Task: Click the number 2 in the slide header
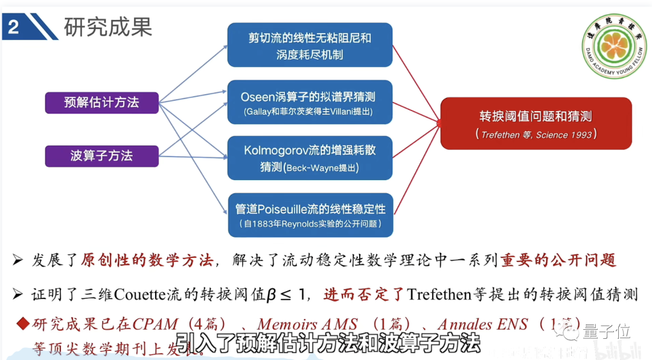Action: pyautogui.click(x=13, y=27)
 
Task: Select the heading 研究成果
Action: pyautogui.click(x=108, y=26)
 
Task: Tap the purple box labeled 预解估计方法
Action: pyautogui.click(x=101, y=103)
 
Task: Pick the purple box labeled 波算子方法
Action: pyautogui.click(x=101, y=156)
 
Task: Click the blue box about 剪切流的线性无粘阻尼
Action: pyautogui.click(x=310, y=45)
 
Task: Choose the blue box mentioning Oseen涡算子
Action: pyautogui.click(x=310, y=103)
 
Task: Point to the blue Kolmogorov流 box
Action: pyautogui.click(x=310, y=158)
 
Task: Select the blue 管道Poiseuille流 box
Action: pyautogui.click(x=310, y=215)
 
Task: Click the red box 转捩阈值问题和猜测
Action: pyautogui.click(x=535, y=123)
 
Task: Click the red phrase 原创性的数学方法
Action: pyautogui.click(x=147, y=260)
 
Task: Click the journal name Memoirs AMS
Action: pyautogui.click(x=307, y=325)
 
